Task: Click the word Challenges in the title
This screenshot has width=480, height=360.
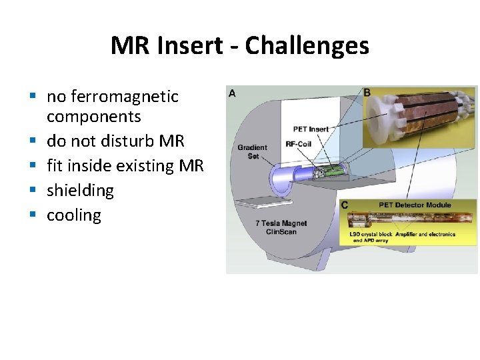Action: coord(307,46)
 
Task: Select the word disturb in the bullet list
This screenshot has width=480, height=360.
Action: coord(117,141)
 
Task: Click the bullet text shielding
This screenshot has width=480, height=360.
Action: coord(80,191)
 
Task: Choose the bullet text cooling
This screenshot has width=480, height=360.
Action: coord(73,215)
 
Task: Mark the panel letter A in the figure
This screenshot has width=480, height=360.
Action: coord(232,93)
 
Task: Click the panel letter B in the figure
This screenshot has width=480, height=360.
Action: coord(367,92)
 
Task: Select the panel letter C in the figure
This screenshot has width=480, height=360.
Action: coord(345,205)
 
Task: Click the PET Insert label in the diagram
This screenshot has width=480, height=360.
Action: coord(311,129)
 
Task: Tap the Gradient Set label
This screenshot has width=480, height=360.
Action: coord(252,151)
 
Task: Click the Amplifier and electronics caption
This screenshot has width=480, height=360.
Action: coord(426,235)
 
